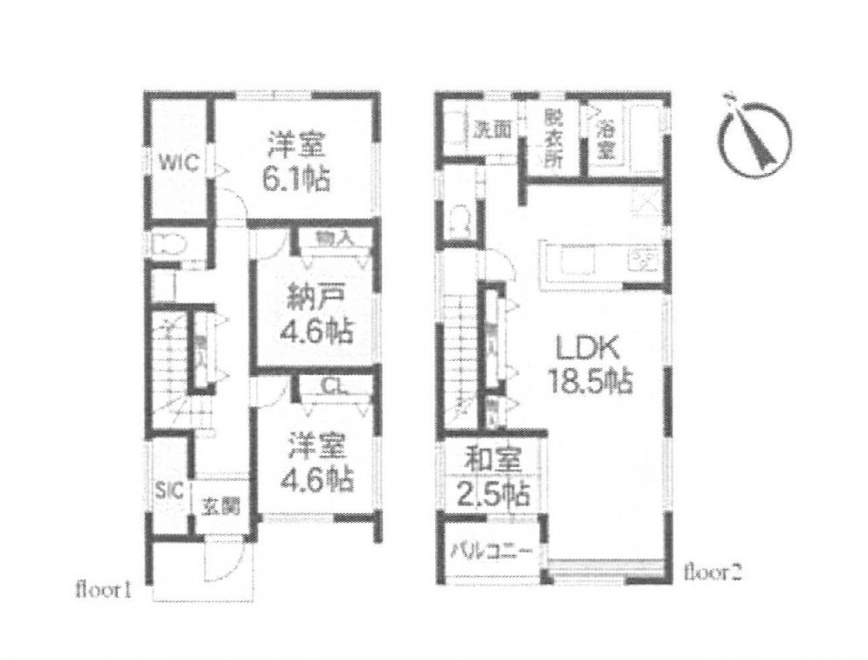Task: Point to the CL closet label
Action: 331,386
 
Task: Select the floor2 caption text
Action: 713,573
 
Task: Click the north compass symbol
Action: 756,138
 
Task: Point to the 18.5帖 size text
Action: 590,382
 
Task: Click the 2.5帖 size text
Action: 493,495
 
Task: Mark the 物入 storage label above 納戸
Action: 329,238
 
